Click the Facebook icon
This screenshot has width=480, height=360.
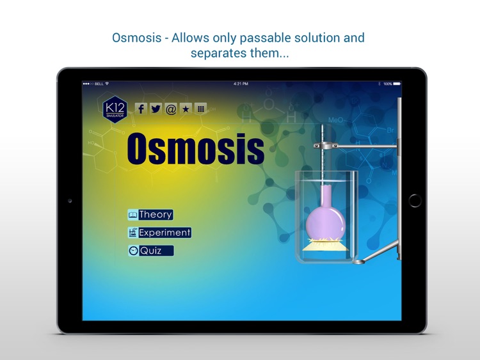141,109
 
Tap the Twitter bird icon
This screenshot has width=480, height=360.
156,109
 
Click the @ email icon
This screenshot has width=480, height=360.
171,109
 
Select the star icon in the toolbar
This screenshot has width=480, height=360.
186,109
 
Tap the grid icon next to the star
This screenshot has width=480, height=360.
200,109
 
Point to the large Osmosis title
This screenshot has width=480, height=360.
195,148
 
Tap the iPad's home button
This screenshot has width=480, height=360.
415,200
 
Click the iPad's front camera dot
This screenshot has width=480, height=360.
70,201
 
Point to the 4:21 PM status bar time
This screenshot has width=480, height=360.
241,84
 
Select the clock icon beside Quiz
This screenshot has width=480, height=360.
133,251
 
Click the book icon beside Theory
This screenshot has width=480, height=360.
132,215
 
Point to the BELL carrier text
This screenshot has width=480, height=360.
99,84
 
